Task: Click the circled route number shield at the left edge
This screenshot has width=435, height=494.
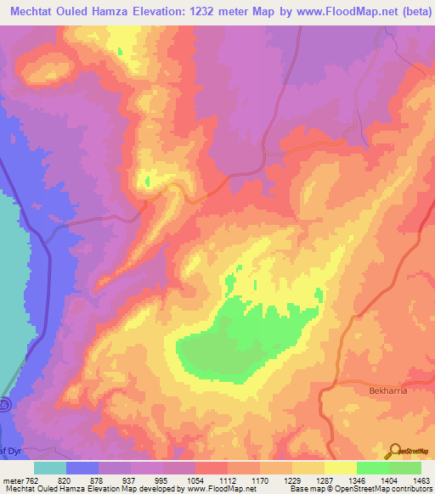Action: (x=4, y=405)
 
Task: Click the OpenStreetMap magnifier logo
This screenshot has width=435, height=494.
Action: (x=393, y=450)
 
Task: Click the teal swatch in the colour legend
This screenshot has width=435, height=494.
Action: (x=50, y=468)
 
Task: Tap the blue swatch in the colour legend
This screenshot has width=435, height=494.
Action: (x=82, y=468)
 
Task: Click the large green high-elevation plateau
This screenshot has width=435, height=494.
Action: (x=246, y=335)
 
